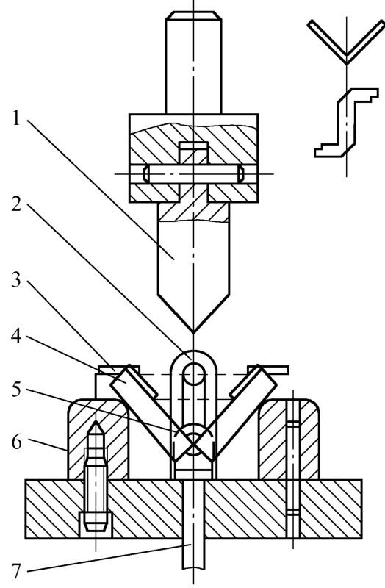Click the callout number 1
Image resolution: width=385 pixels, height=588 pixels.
[15, 119]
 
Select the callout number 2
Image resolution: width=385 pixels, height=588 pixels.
[16, 203]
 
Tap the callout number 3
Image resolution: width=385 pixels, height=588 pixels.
[16, 279]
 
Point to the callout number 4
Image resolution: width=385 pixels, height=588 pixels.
[16, 337]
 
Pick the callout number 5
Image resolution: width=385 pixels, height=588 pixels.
[16, 390]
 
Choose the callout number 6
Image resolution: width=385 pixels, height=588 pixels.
[16, 442]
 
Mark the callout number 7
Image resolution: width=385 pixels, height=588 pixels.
[16, 571]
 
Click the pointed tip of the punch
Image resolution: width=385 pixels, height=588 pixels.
[193, 332]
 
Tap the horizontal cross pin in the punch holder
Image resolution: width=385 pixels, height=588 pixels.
[193, 174]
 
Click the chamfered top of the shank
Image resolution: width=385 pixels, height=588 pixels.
[193, 15]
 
